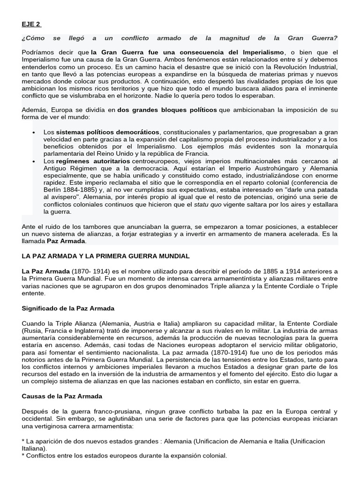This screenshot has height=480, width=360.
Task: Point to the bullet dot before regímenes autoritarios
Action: click(x=34, y=161)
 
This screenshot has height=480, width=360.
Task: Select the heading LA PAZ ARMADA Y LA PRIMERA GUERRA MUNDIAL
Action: click(x=105, y=256)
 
